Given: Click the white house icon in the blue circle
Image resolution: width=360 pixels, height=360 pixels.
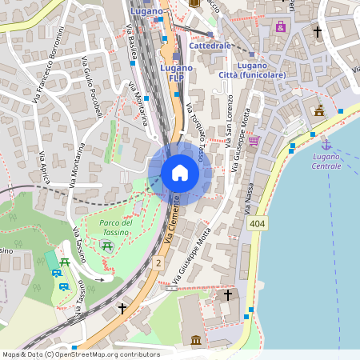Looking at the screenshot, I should tap(180, 173).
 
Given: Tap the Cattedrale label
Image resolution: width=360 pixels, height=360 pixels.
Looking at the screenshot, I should tap(210, 46).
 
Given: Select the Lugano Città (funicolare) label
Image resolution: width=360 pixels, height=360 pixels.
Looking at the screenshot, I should tap(251, 70).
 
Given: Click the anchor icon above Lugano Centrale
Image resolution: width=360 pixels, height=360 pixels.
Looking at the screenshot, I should tap(326, 144).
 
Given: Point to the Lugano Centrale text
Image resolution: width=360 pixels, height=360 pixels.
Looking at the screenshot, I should tap(326, 161).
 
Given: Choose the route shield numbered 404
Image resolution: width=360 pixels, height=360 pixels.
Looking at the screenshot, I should tap(257, 225).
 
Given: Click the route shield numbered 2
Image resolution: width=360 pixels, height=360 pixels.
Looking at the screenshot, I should tap(158, 262).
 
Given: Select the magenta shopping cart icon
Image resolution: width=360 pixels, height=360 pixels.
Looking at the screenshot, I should tap(254, 141).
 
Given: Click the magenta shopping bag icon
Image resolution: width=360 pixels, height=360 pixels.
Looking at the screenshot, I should tap(281, 26).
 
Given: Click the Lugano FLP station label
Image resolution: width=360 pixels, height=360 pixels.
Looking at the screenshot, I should tap(176, 73).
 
